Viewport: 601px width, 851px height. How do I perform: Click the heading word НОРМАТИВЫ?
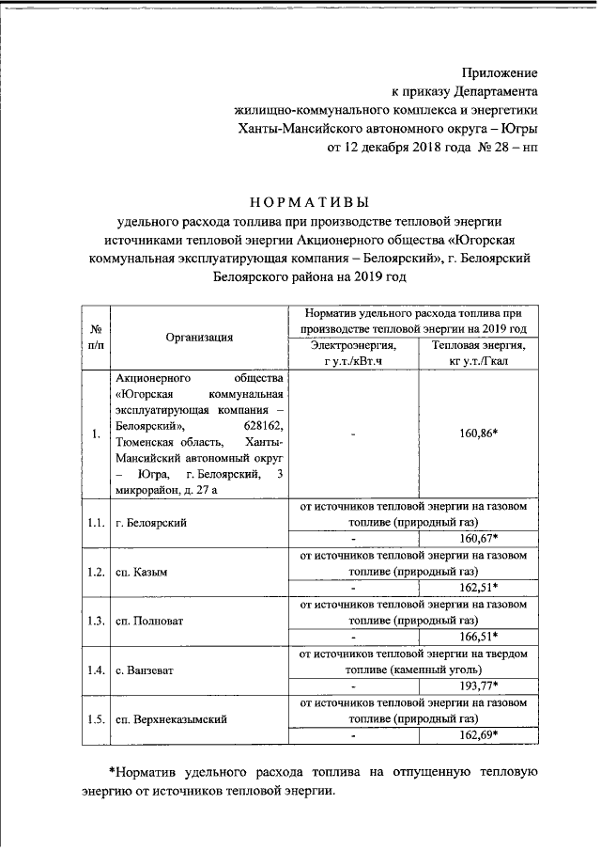(x=310, y=201)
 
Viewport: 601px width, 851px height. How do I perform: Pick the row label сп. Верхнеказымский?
(x=173, y=719)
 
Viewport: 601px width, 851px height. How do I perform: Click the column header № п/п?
(x=95, y=337)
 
